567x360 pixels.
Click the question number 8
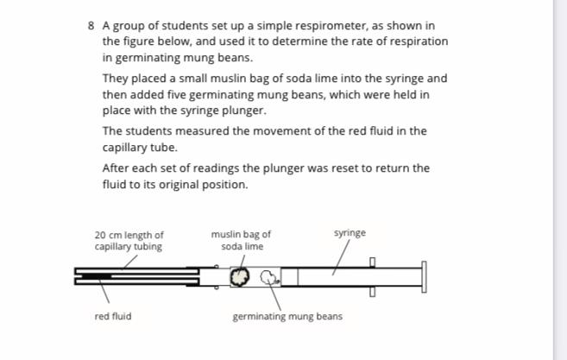92,25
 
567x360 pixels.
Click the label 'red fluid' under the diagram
113,317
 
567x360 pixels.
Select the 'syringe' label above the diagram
350,233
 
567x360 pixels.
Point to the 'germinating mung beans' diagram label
287,317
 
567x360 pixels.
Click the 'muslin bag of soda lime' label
241,240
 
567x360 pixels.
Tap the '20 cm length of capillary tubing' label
129,240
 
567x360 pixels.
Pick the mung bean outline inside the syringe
268,277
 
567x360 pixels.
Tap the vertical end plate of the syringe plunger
423,276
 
